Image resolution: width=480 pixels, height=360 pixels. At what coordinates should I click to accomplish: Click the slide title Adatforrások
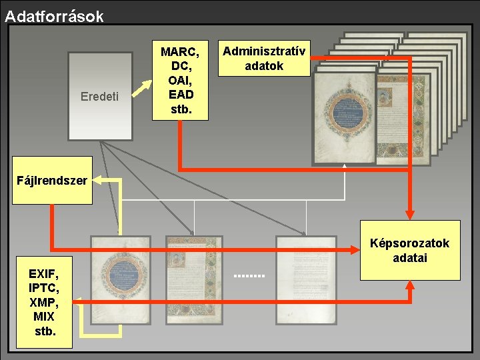tap(54, 16)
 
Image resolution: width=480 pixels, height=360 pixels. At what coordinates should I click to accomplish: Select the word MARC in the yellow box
tap(180, 51)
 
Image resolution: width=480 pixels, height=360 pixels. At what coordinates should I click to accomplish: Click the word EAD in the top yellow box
tap(181, 95)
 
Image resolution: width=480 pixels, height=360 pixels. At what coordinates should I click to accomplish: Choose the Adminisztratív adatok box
tap(264, 59)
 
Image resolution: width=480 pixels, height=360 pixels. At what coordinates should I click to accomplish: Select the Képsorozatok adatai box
tap(410, 250)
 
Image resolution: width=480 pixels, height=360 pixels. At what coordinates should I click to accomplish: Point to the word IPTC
tap(44, 288)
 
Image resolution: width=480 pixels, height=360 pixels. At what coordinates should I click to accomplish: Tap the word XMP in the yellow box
tap(44, 302)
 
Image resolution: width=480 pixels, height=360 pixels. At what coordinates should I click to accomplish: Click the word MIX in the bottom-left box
tap(44, 316)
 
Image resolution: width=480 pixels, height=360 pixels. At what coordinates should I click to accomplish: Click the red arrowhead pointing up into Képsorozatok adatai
tap(410, 286)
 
